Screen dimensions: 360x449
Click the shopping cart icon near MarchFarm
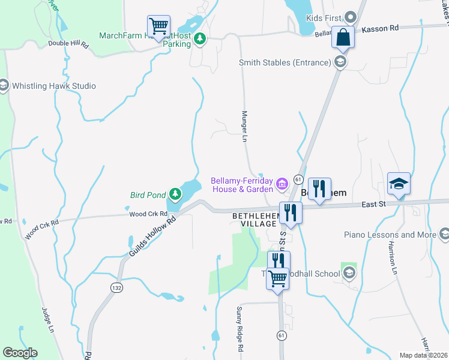pyautogui.click(x=158, y=26)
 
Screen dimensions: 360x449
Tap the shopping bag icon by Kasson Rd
pyautogui.click(x=343, y=37)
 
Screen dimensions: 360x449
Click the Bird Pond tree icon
pyautogui.click(x=175, y=194)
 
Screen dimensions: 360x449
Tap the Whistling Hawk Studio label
pyautogui.click(x=54, y=86)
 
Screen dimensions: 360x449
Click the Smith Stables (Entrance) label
pyautogui.click(x=285, y=62)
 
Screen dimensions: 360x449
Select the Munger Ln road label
pyautogui.click(x=244, y=126)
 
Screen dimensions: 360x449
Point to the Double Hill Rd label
pyautogui.click(x=68, y=44)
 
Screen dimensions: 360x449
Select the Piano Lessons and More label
pyautogui.click(x=390, y=235)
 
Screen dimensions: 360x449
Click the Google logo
pyautogui.click(x=20, y=353)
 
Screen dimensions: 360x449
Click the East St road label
pyautogui.click(x=374, y=205)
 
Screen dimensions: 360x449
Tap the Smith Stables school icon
pyautogui.click(x=340, y=61)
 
